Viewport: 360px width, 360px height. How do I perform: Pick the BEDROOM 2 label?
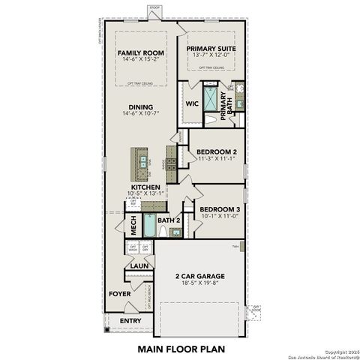[x=216, y=151]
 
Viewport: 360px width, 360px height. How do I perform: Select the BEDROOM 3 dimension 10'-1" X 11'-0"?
[x=219, y=216]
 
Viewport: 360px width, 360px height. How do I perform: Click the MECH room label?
[x=133, y=223]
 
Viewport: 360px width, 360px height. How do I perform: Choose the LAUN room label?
[x=138, y=265]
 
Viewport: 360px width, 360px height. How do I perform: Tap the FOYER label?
[x=120, y=294]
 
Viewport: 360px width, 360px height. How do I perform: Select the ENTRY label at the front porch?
[x=130, y=320]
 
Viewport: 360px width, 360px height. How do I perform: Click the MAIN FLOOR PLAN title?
[x=180, y=349]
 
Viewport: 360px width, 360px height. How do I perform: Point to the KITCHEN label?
[x=145, y=187]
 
